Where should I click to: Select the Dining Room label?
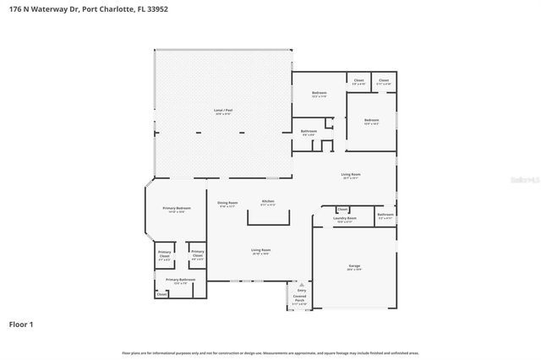(x=227, y=203)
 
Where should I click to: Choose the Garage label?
(x=354, y=267)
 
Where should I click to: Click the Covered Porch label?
(x=300, y=297)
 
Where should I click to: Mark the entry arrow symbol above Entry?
(x=300, y=285)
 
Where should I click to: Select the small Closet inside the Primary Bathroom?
(x=161, y=294)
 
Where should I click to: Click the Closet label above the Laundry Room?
(x=342, y=209)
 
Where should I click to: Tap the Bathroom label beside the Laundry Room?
(x=385, y=215)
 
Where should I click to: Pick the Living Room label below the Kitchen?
(x=260, y=251)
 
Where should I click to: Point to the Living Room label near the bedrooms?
(x=351, y=176)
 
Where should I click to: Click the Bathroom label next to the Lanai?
(x=310, y=132)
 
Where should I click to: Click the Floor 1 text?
(x=22, y=324)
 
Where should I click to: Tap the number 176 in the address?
(x=15, y=9)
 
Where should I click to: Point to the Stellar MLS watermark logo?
(x=516, y=181)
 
